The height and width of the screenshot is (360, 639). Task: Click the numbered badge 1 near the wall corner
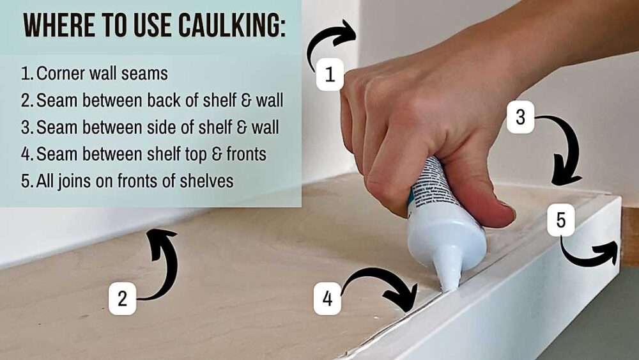(330, 75)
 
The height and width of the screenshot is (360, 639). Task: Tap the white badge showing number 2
(122, 299)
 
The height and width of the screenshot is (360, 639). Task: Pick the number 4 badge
(327, 299)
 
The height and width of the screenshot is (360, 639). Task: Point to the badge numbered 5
(560, 221)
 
